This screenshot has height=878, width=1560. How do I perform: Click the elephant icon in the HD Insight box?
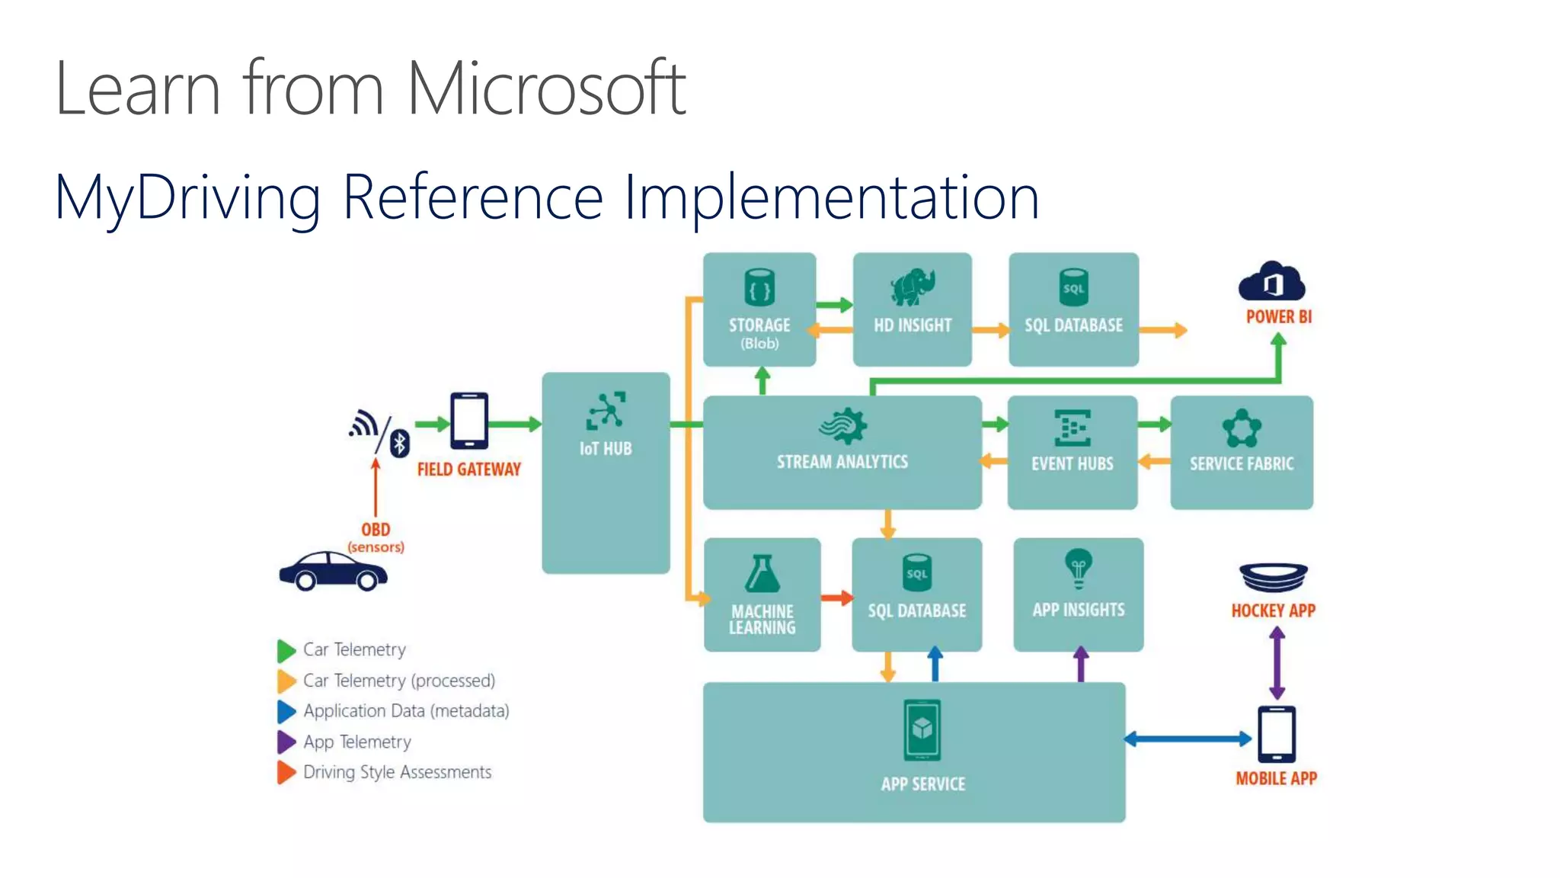(913, 287)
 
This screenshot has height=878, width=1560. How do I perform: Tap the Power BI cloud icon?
(1271, 282)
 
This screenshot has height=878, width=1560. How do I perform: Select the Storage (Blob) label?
(759, 333)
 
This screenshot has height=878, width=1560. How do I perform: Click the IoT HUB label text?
(606, 449)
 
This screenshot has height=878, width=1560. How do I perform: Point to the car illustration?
(333, 572)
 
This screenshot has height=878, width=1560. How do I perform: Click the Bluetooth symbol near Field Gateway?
(400, 442)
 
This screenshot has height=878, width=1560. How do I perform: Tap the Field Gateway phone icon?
(469, 421)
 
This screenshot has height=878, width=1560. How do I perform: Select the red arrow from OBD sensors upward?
(376, 488)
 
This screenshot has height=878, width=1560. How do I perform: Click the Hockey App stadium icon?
(1274, 578)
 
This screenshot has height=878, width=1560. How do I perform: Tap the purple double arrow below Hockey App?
(1277, 663)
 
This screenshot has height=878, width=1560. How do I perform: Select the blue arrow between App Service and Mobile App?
(1188, 738)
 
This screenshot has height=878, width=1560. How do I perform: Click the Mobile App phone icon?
(1277, 734)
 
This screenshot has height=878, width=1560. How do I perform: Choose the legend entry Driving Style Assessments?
(397, 772)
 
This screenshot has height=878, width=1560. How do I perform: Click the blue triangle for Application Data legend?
(286, 711)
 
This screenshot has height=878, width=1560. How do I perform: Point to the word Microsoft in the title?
(545, 89)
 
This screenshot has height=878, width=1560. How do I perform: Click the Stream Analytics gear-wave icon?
(842, 425)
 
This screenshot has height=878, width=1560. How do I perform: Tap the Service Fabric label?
(1242, 463)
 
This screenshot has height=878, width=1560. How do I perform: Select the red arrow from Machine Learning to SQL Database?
(836, 598)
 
